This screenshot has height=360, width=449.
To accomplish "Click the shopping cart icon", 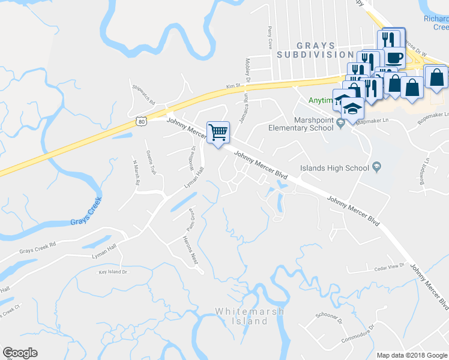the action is click(218, 132).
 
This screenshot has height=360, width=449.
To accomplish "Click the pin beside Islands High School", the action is click(376, 166).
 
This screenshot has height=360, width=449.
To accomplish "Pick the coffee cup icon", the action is click(394, 58).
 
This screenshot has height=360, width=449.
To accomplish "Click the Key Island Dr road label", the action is click(113, 272).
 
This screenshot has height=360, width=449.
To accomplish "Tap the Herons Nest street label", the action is click(190, 250).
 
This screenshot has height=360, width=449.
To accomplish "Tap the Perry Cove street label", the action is click(271, 38).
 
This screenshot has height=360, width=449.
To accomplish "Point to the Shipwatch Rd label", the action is click(143, 94).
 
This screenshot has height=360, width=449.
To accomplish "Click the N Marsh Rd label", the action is click(135, 174).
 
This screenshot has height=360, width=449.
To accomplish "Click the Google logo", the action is click(20, 353).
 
